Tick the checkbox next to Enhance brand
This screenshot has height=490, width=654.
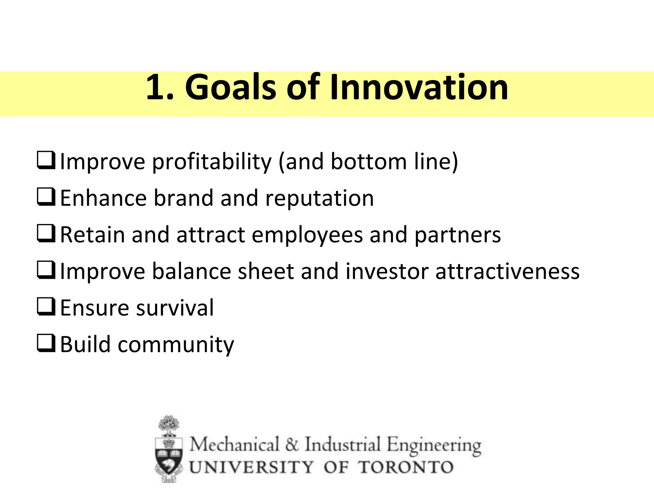[46, 197]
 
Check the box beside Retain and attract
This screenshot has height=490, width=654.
[46, 234]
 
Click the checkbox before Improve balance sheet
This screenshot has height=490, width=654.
[46, 271]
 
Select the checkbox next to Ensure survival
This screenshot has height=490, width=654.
[46, 307]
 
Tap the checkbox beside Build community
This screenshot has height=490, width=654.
[46, 344]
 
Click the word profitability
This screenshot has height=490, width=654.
[211, 162]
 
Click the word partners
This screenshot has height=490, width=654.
[458, 235]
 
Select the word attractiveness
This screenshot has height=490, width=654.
[507, 272]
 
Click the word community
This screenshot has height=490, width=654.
[176, 345]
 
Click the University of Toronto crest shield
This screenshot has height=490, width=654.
[169, 456]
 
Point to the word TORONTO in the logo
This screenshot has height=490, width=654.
[406, 468]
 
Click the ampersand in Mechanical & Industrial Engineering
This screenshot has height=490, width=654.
[292, 445]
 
